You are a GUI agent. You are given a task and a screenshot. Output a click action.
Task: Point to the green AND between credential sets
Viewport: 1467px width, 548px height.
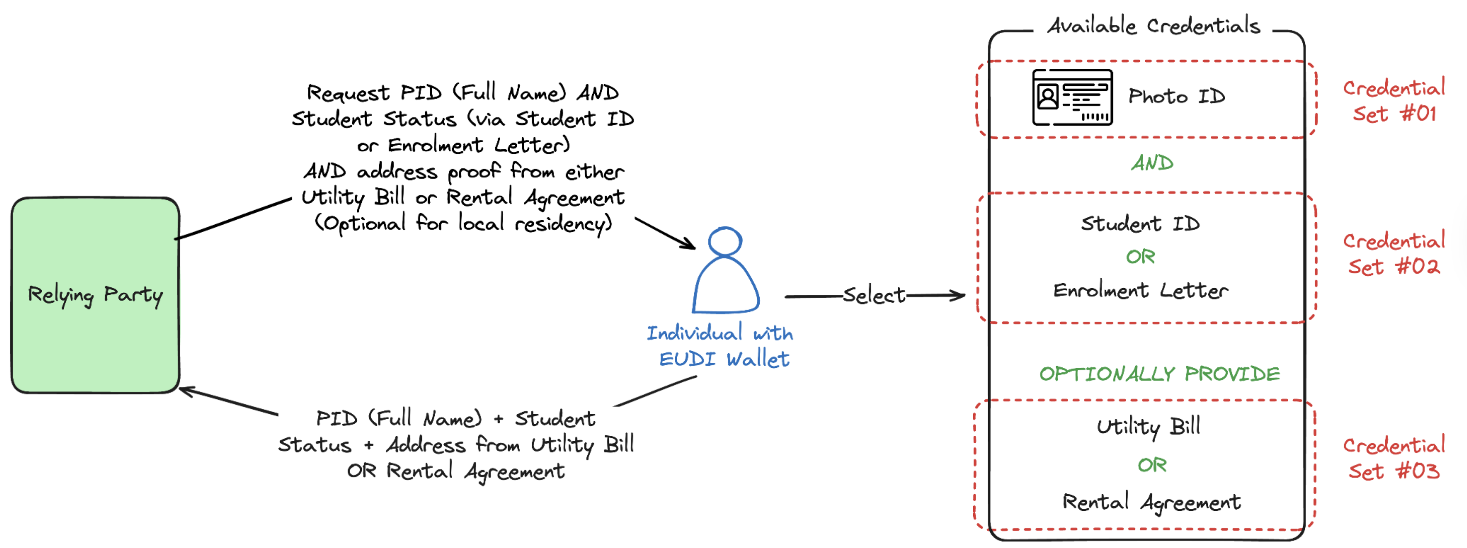pyautogui.click(x=1152, y=163)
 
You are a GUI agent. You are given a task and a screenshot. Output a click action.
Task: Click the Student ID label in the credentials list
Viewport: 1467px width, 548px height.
pyautogui.click(x=1140, y=223)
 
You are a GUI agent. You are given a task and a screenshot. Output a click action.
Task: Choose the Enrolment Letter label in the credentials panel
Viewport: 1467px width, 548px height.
pyautogui.click(x=1140, y=291)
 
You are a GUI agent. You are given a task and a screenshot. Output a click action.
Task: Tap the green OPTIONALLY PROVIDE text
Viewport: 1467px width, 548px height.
pyautogui.click(x=1159, y=374)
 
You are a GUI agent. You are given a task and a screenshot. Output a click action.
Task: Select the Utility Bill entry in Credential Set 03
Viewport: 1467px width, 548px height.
pyautogui.click(x=1148, y=427)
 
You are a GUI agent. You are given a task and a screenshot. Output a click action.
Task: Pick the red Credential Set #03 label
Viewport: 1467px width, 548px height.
pyautogui.click(x=1394, y=458)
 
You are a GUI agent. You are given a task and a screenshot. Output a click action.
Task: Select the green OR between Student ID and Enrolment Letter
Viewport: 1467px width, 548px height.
pyautogui.click(x=1140, y=257)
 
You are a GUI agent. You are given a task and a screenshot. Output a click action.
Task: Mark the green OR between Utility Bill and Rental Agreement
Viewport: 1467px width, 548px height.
pyautogui.click(x=1152, y=465)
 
